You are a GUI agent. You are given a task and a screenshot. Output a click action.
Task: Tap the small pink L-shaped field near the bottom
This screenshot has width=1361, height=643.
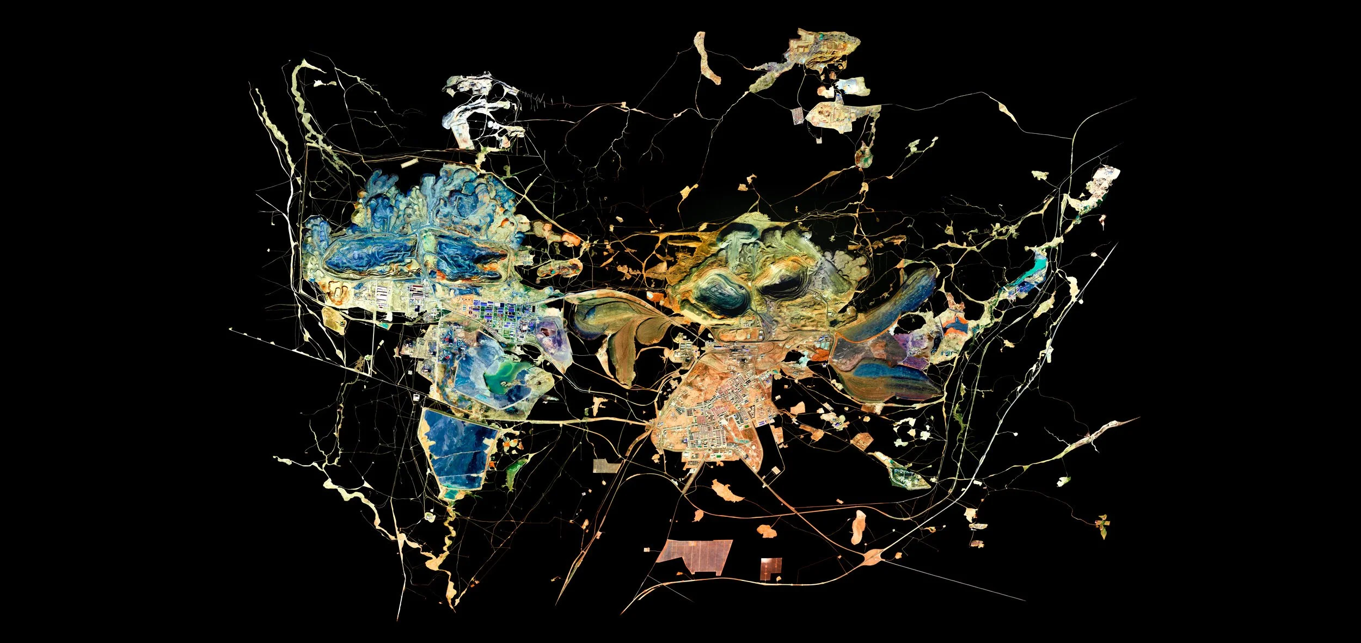tap(770, 567)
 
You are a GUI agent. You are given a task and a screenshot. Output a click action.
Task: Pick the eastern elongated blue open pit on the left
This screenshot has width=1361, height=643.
tap(468, 256)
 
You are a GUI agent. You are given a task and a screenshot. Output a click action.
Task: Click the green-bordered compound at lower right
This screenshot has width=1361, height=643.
tap(906, 479)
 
